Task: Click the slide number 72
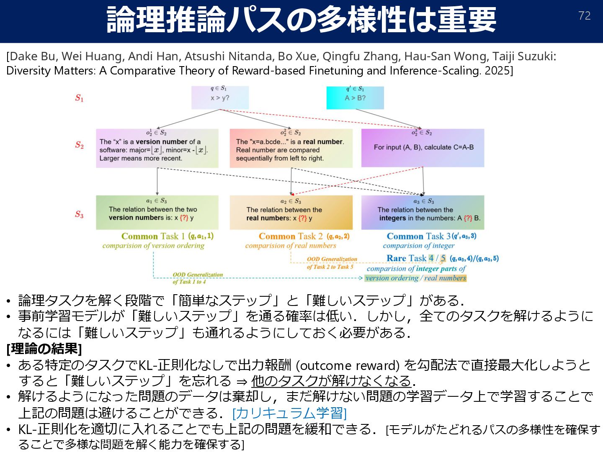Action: [584, 16]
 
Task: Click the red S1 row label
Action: [79, 98]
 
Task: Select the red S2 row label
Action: [79, 145]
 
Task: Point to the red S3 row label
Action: [79, 214]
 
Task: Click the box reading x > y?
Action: [220, 98]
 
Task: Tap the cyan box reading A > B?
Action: [355, 98]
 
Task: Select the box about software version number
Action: [157, 148]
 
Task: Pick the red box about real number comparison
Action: [291, 148]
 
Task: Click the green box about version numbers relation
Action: [157, 213]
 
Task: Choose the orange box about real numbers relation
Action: [291, 213]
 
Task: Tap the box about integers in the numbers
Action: [423, 213]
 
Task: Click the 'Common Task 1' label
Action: [153, 236]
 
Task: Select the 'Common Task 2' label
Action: [291, 236]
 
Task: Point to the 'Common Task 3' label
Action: [418, 236]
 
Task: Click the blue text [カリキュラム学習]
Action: [289, 413]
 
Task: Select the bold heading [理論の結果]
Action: [44, 348]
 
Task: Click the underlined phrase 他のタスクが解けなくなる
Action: [331, 381]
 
